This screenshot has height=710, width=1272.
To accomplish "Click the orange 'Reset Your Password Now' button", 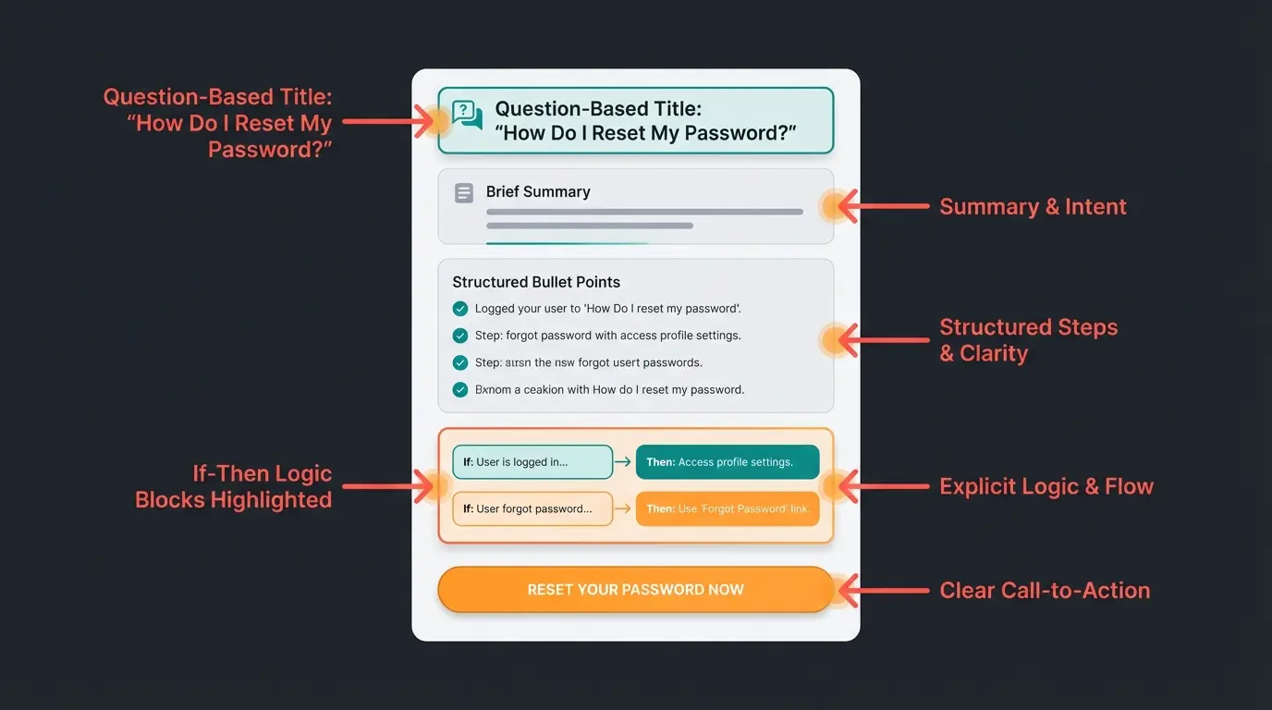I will tap(635, 590).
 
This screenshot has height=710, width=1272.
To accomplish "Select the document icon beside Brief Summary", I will tap(464, 193).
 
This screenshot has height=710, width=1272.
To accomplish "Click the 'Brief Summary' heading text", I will tap(538, 192).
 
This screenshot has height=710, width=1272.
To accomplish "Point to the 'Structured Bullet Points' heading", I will tap(536, 282).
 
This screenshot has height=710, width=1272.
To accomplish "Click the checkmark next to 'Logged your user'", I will tap(460, 309).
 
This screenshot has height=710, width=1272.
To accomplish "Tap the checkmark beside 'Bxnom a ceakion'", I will tap(460, 390).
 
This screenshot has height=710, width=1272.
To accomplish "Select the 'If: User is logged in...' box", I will tap(532, 462).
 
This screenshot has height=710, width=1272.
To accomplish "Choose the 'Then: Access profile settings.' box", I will tap(727, 462).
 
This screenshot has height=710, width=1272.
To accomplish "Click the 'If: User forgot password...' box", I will tap(532, 508).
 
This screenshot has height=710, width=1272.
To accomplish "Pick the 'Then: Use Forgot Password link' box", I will tap(727, 508).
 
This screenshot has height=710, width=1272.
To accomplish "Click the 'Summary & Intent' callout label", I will tap(1033, 207).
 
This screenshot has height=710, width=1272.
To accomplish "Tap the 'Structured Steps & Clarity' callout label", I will tap(1029, 340).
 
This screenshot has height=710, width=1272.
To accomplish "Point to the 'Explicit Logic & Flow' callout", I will tap(1046, 486).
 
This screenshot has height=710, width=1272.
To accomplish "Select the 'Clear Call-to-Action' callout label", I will tap(1045, 591).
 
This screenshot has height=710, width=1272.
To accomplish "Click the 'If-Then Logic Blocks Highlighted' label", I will tap(233, 487).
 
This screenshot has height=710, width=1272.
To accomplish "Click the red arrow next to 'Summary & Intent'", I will tap(883, 207).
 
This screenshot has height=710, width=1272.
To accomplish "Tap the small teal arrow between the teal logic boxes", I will tap(624, 462).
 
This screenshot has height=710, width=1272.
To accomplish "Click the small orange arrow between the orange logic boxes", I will tap(624, 508).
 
